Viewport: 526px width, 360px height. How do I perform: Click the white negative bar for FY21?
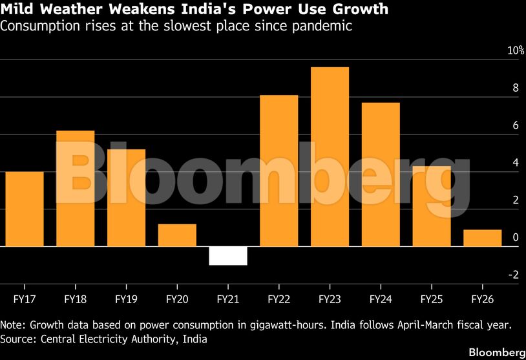coord(228,256)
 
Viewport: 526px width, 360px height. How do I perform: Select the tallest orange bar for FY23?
coord(330,157)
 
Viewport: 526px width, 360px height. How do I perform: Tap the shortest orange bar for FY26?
coord(482,238)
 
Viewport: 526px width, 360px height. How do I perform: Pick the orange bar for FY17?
coord(25,209)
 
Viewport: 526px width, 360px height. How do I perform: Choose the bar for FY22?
coord(279,171)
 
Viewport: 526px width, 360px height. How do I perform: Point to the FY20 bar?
coord(177,235)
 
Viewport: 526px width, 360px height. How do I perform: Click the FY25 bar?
coord(431,206)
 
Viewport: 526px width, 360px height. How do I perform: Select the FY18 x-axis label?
coord(76,300)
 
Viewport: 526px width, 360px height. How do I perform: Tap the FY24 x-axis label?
coord(381,300)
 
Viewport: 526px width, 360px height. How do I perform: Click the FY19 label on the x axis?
coord(126,300)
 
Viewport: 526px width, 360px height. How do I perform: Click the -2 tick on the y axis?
coord(513,275)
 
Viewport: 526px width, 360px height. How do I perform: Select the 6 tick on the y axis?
coord(515,125)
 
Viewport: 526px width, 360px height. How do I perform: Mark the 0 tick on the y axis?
coord(515,237)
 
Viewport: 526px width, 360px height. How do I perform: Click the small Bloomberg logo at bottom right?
coord(496,352)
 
